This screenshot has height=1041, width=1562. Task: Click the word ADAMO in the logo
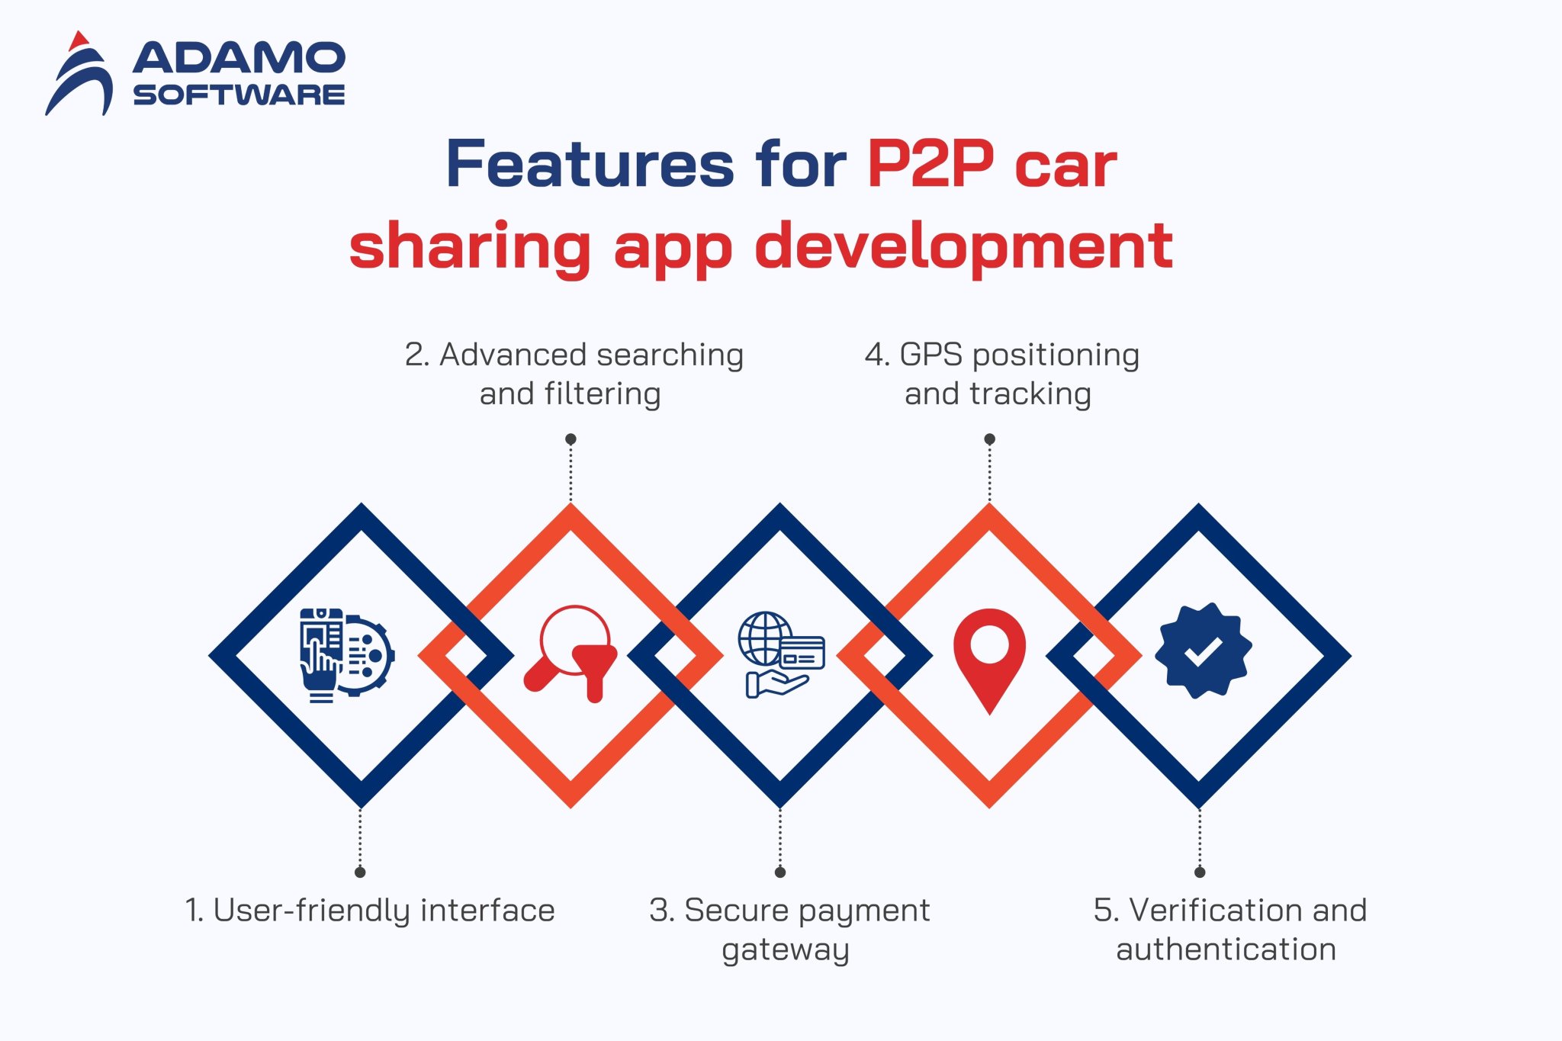click(239, 58)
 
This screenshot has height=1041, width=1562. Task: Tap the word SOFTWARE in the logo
click(239, 95)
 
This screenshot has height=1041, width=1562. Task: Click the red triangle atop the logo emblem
click(79, 41)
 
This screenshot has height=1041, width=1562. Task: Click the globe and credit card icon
click(780, 654)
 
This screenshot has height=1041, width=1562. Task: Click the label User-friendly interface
click(370, 910)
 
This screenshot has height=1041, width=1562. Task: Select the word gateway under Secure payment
click(785, 950)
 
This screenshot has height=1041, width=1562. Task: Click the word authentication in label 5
click(1226, 949)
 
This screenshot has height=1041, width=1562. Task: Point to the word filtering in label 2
click(603, 394)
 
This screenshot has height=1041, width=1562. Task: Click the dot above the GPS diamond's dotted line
click(989, 439)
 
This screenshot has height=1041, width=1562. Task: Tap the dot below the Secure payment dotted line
click(779, 872)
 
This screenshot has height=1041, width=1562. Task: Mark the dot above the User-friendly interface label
click(360, 872)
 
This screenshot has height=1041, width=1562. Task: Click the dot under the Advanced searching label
click(570, 439)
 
